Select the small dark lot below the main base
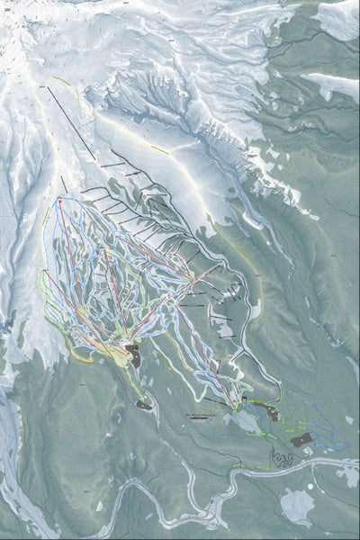pos(143,405)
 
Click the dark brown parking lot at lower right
pos(302,438)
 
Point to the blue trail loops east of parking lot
pos(328,432)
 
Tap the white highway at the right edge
pos(346,463)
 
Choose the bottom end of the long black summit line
pos(94,158)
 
